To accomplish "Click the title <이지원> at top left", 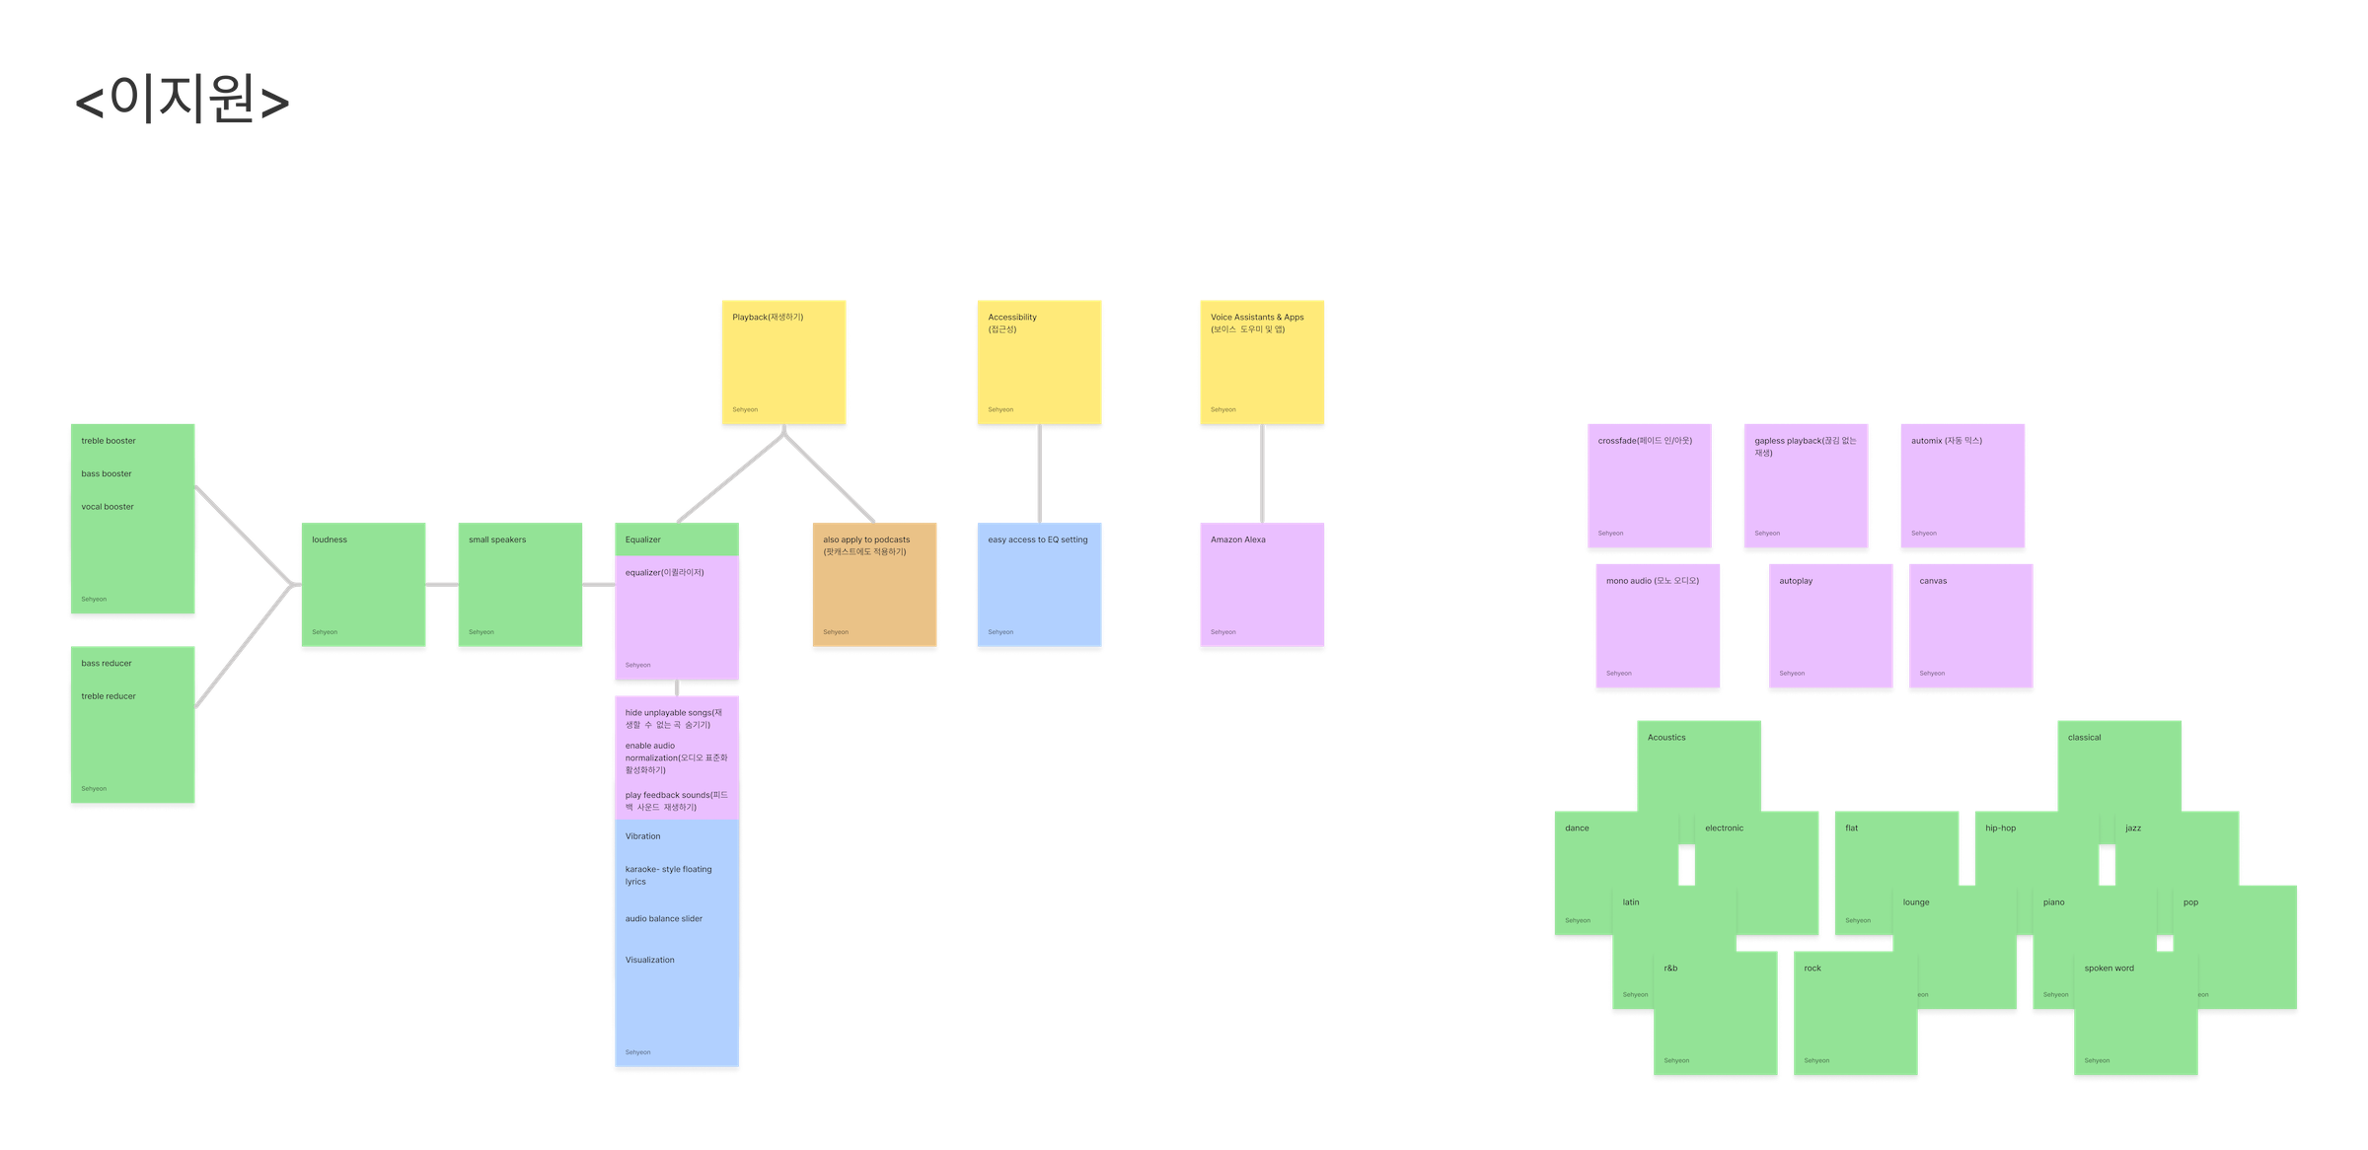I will [x=183, y=101].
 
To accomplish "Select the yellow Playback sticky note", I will [x=783, y=362].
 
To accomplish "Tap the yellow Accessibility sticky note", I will [x=1039, y=362].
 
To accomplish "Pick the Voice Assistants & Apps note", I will [x=1262, y=362].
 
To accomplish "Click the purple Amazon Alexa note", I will [x=1262, y=585].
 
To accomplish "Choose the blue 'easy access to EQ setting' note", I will [x=1039, y=585].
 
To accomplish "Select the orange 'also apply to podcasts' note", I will [x=874, y=585].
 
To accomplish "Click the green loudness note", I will [x=363, y=585].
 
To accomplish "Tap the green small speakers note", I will [x=519, y=585].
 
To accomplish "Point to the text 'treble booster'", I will [x=109, y=441].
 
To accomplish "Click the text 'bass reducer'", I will [x=107, y=663].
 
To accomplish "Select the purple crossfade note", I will [x=1649, y=485].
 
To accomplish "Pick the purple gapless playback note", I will [x=1806, y=485].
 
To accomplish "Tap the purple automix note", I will [x=1962, y=485].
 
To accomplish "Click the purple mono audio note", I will [x=1658, y=625].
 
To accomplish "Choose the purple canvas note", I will [x=1970, y=625].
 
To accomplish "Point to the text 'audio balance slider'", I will [x=664, y=918].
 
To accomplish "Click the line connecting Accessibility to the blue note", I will [x=1039, y=474].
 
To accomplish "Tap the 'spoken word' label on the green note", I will [x=2109, y=969].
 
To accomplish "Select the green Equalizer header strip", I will [x=677, y=539].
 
